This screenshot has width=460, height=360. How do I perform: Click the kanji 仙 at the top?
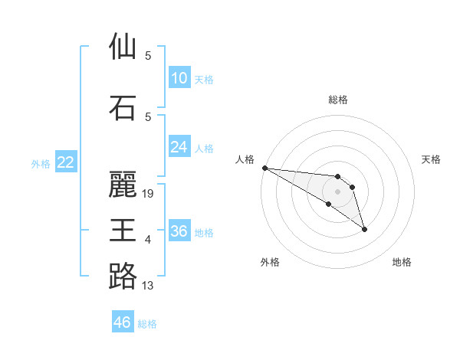point(123,47)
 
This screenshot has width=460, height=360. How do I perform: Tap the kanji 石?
point(123,108)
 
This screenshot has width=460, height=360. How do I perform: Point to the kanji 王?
point(123,230)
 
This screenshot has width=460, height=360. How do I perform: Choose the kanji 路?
point(123,276)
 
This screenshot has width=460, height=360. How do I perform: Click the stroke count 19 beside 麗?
point(149,194)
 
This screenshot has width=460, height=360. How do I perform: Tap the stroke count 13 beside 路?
point(148,286)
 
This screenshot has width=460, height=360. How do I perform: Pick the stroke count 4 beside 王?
point(148,240)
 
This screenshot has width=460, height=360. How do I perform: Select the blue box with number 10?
point(179,78)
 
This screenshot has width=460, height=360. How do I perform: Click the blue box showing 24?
point(179,147)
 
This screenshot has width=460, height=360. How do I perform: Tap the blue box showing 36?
point(179,231)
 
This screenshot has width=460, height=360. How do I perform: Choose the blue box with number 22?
point(66,162)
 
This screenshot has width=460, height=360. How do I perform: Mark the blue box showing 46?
point(123,322)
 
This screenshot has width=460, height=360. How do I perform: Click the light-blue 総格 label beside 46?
point(147,324)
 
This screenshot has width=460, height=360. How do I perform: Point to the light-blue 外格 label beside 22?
point(41,163)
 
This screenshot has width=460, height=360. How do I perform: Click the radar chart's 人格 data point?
point(264,168)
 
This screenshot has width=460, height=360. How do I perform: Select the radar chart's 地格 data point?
point(364,229)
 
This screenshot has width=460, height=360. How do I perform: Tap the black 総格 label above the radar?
point(338,100)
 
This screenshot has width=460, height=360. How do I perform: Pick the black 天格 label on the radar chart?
point(432,159)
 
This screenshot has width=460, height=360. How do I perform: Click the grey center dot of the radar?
point(337,191)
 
